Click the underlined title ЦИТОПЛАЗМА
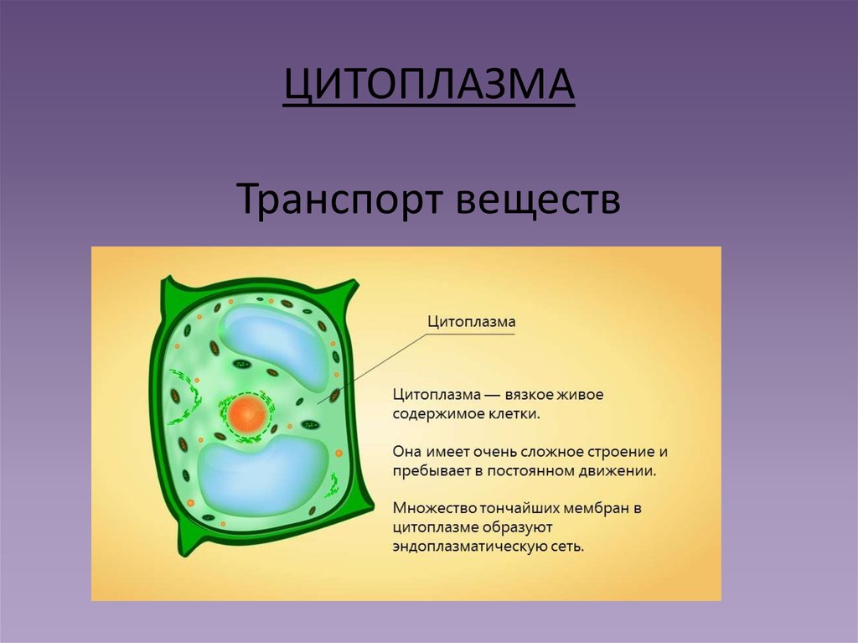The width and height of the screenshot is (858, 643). [x=428, y=86]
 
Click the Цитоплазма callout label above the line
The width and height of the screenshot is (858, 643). [x=471, y=321]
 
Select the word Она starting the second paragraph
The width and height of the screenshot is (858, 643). [x=407, y=451]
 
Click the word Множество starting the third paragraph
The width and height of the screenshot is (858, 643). [x=434, y=508]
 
